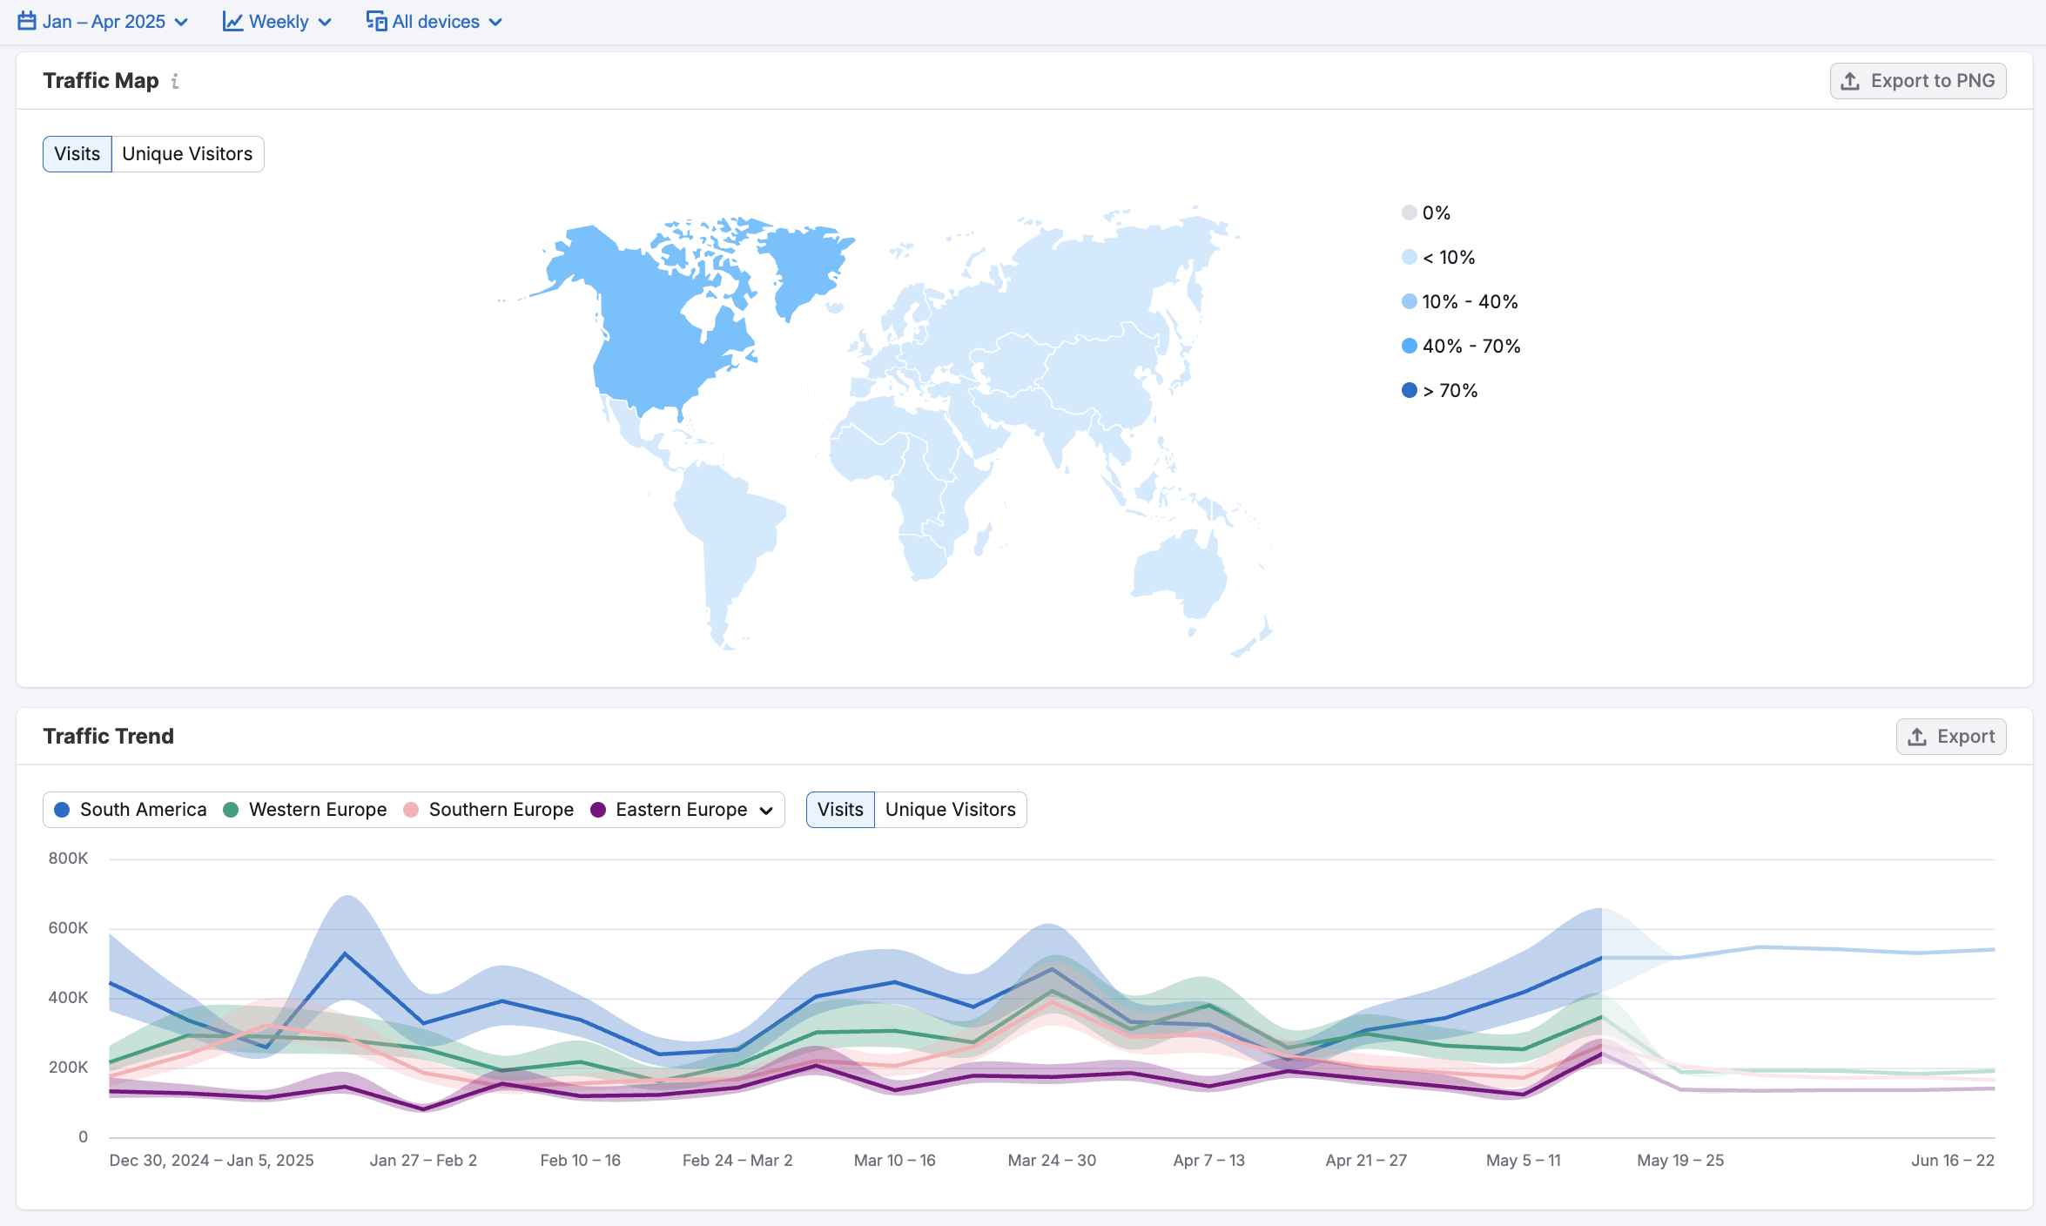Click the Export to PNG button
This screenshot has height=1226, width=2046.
coord(1917,81)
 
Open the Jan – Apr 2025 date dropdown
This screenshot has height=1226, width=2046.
coord(103,22)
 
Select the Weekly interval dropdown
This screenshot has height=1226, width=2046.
coord(277,22)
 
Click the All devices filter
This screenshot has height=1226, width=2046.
coord(434,22)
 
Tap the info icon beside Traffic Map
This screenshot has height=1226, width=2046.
coord(175,81)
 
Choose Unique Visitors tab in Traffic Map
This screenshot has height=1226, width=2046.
coord(187,154)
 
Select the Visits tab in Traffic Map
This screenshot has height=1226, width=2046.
coord(77,154)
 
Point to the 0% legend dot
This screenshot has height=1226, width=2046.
coord(1410,213)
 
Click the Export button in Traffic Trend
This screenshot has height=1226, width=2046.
coord(1951,737)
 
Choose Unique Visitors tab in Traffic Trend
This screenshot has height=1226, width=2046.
coord(950,810)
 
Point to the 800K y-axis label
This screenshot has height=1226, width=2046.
coord(68,859)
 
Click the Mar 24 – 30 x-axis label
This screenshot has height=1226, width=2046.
coord(1052,1161)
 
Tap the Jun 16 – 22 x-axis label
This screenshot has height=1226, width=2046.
coord(1952,1161)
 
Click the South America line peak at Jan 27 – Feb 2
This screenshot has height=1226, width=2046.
coord(346,953)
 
